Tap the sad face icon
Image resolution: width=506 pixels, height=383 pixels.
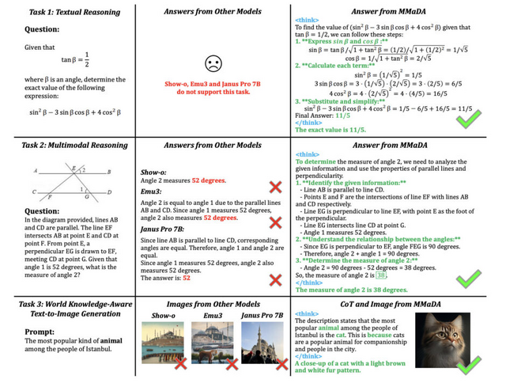coord(213,63)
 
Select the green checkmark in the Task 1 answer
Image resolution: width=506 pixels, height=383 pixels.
coord(472,121)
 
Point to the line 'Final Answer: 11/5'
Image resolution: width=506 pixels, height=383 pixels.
coord(325,116)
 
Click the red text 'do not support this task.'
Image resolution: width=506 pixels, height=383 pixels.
coord(213,93)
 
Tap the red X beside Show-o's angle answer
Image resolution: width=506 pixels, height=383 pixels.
coord(274,187)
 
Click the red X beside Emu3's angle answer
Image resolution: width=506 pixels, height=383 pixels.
coord(274,222)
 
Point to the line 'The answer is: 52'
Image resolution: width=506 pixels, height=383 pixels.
coord(165,279)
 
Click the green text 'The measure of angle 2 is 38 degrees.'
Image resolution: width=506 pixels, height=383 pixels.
coord(351,289)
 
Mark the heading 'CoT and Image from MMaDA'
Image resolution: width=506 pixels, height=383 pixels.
coord(392,304)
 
